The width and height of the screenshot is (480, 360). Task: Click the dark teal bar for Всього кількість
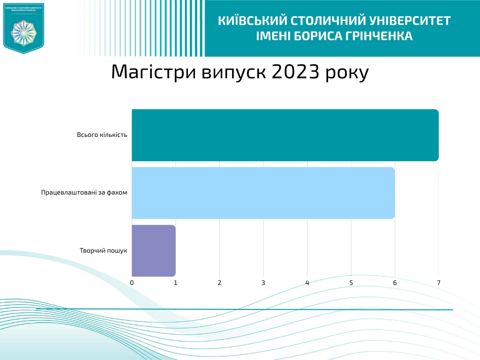coord(285,135)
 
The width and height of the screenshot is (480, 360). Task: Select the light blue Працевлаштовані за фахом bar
coord(263,193)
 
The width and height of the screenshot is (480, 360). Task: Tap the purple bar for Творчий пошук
coord(154,250)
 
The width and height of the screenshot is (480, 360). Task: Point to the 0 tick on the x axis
coord(132,283)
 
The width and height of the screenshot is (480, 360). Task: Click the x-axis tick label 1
coord(176,283)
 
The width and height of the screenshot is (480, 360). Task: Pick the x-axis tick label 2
coord(219,283)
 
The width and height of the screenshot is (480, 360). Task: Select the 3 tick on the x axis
coord(263,283)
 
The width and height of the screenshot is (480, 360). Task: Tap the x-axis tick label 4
coord(307,283)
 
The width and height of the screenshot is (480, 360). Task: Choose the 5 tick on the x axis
coord(351,283)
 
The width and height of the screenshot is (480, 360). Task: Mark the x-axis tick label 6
coord(395,283)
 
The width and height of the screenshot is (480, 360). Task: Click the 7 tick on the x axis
coord(439,283)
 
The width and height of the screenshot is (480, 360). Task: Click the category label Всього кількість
coord(102,135)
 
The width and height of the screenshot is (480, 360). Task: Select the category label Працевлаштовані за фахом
coord(84,193)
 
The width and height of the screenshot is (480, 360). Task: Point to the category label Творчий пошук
coord(104,251)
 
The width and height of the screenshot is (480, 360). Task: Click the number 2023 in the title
coord(295,72)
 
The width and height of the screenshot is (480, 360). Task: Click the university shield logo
coord(23,28)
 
